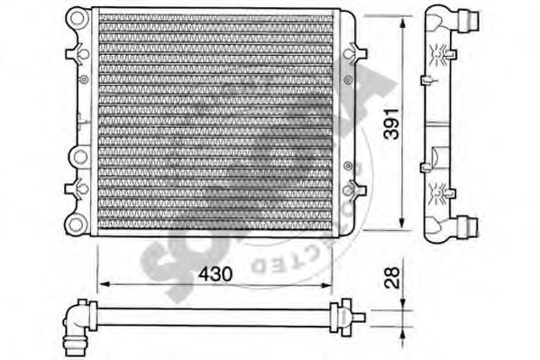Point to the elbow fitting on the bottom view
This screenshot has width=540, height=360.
[x=75, y=317]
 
